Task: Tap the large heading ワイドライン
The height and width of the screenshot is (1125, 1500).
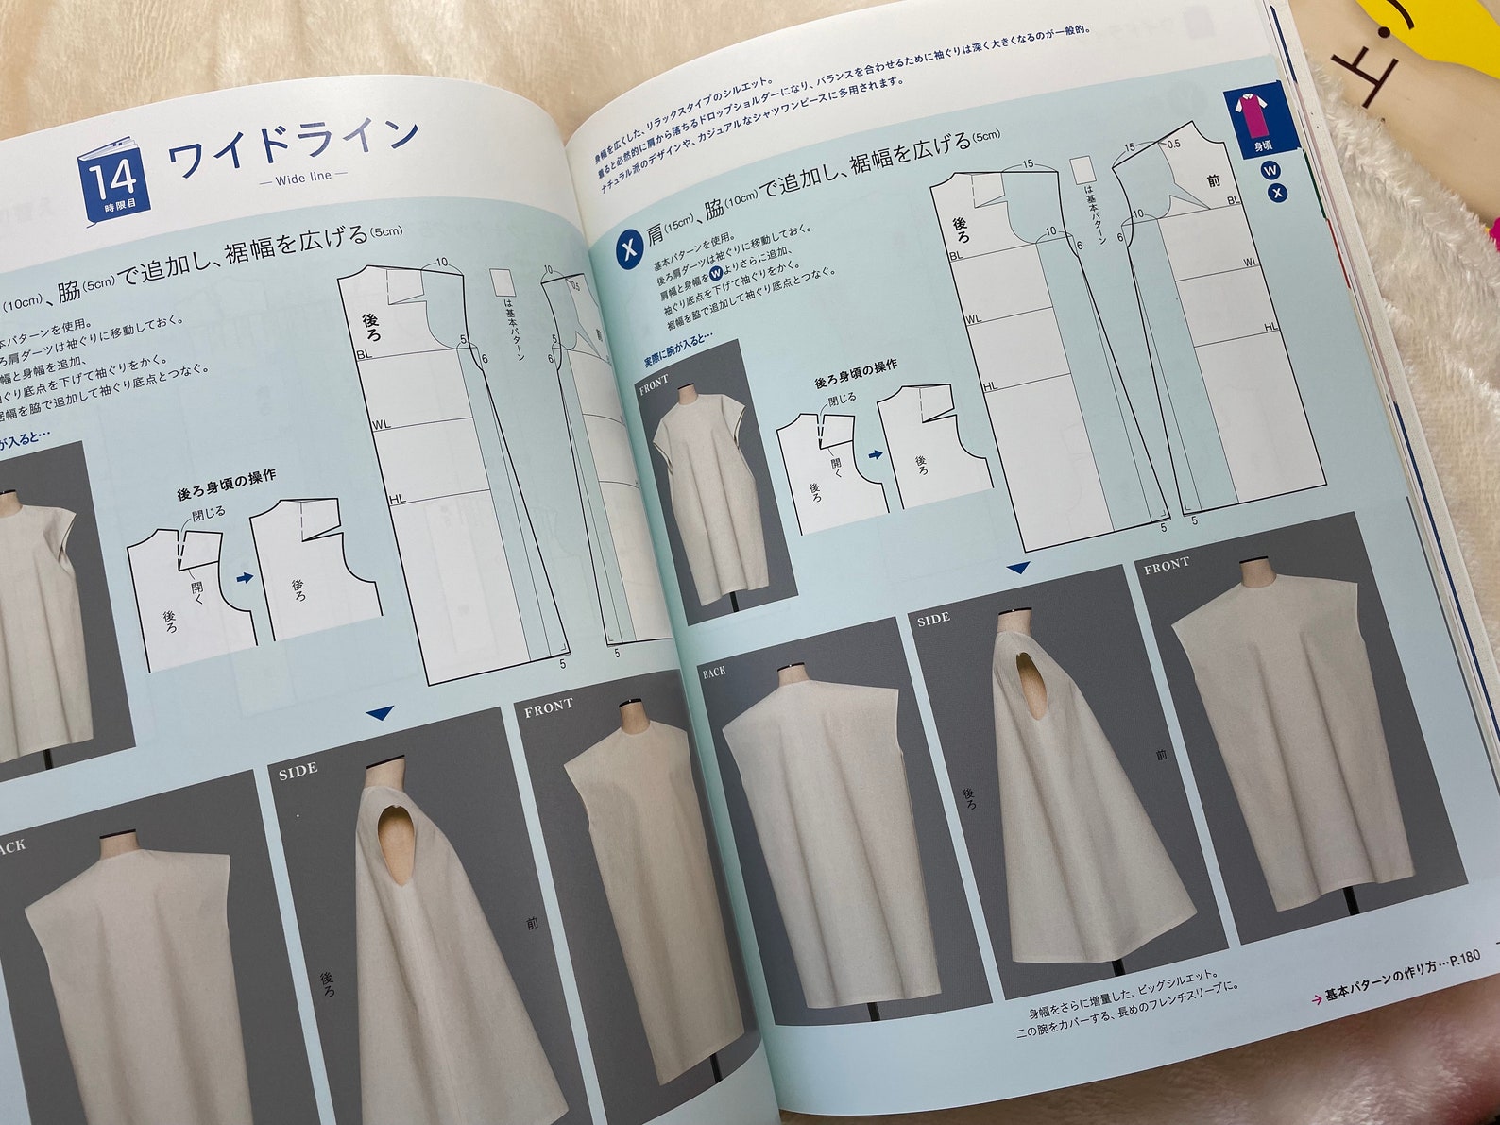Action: click(x=293, y=145)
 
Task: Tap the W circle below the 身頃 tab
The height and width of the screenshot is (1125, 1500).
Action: click(x=1270, y=171)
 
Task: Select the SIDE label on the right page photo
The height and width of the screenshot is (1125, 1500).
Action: click(x=933, y=619)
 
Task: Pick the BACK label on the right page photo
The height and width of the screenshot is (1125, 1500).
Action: click(x=714, y=673)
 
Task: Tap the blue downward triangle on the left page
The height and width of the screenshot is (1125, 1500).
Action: click(x=381, y=714)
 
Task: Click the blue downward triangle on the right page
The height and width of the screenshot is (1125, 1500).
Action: click(x=1017, y=569)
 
